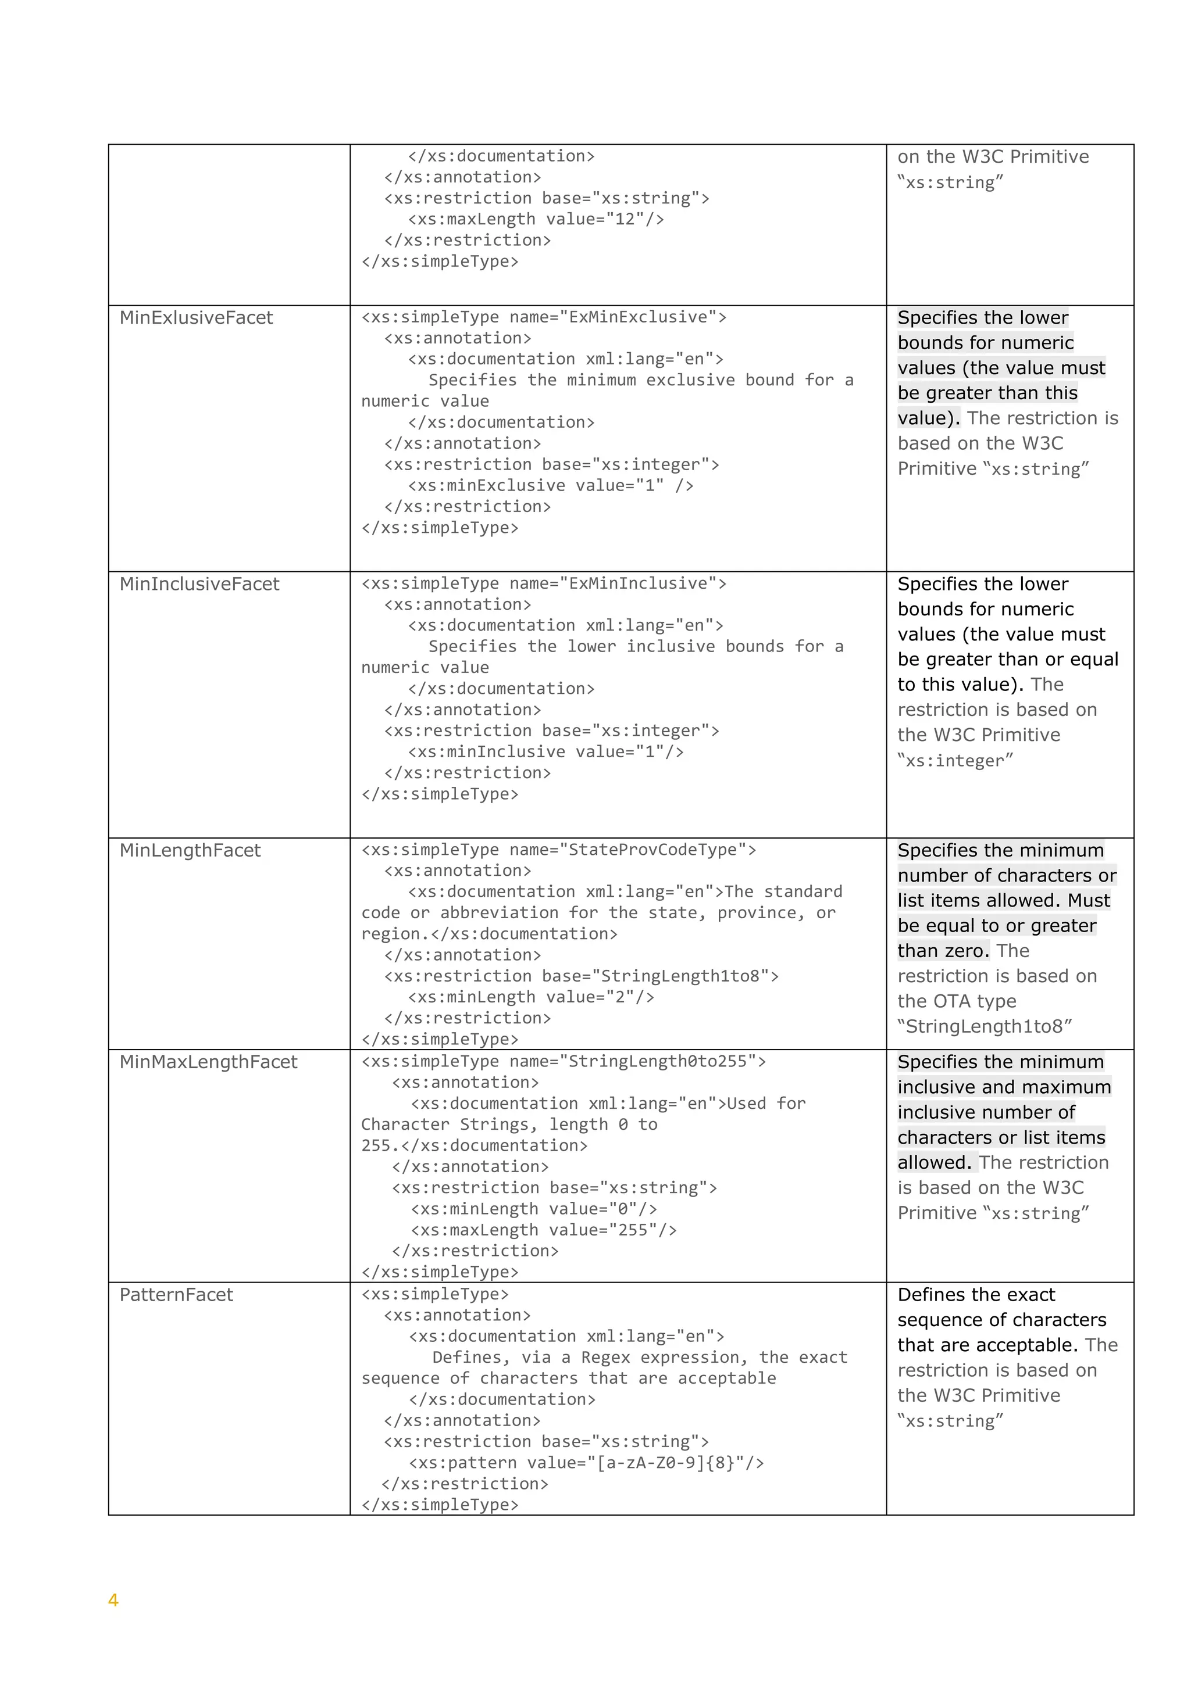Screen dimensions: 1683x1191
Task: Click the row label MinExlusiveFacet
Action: click(196, 317)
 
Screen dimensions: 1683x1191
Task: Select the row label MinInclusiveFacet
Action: click(199, 583)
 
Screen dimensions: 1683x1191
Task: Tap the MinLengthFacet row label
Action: click(190, 850)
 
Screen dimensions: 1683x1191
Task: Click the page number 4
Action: click(113, 1599)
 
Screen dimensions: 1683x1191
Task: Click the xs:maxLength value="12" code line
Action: click(536, 219)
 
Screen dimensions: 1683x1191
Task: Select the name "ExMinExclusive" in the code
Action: click(637, 317)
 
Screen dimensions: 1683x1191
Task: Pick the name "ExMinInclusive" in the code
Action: click(637, 583)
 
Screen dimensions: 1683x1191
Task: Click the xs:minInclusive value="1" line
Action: click(545, 751)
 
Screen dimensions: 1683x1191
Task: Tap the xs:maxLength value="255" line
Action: click(543, 1230)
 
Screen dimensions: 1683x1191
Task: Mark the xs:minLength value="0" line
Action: click(533, 1209)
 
